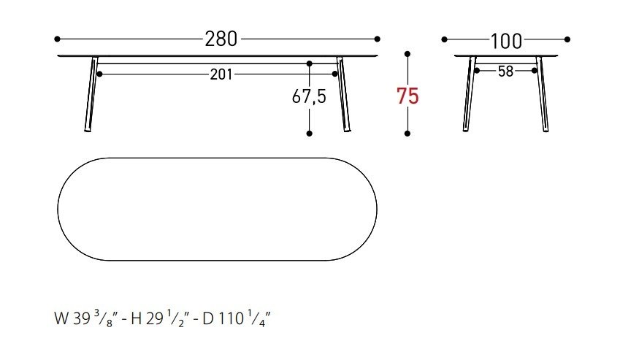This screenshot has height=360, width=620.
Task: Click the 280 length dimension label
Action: point(221,39)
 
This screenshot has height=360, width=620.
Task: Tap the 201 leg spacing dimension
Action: point(221,74)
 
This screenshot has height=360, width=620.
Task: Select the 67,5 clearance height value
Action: point(309,96)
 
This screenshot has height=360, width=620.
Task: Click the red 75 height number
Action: point(407,96)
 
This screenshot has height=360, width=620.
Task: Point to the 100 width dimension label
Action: point(506,41)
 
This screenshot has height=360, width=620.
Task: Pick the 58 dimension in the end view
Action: point(506,72)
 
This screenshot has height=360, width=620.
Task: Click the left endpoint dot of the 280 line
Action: point(58,39)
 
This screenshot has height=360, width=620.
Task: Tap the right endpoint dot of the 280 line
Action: point(378,39)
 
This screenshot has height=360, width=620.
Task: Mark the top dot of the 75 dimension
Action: point(407,54)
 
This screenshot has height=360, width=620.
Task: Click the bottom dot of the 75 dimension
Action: point(407,134)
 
